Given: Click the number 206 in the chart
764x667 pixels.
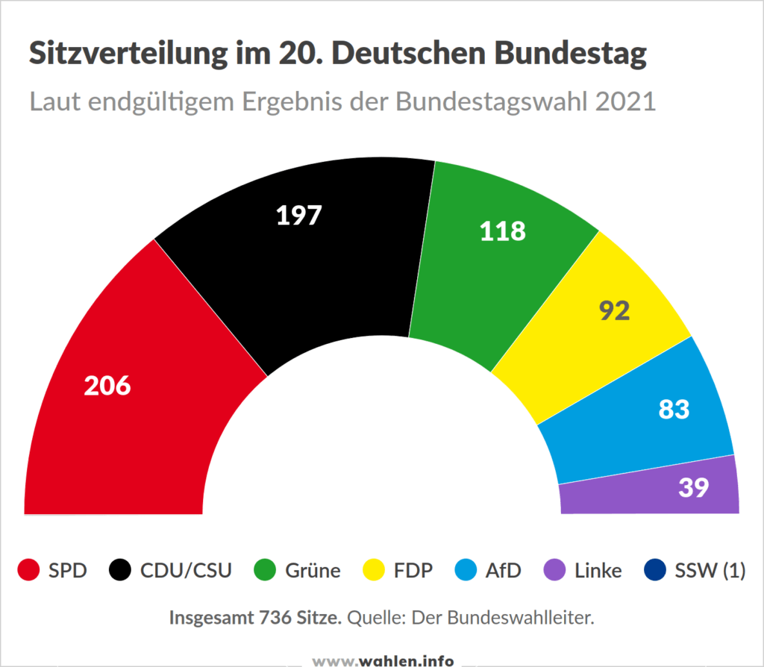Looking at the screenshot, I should click(107, 386).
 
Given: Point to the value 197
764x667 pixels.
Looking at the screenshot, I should click(298, 215).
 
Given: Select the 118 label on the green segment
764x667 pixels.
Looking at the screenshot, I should click(502, 231).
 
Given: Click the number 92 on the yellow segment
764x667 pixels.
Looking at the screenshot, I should click(615, 310).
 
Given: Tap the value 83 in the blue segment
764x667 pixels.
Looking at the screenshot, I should click(674, 409).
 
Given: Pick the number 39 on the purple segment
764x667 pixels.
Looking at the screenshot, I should click(693, 487).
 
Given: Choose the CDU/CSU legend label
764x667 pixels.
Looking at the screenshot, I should click(186, 571).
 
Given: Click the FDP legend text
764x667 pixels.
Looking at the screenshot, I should click(413, 571).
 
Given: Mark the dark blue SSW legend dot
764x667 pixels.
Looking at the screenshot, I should click(654, 571).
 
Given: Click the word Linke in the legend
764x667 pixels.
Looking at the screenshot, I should click(598, 571).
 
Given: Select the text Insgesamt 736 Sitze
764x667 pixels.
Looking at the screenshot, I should click(256, 618).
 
